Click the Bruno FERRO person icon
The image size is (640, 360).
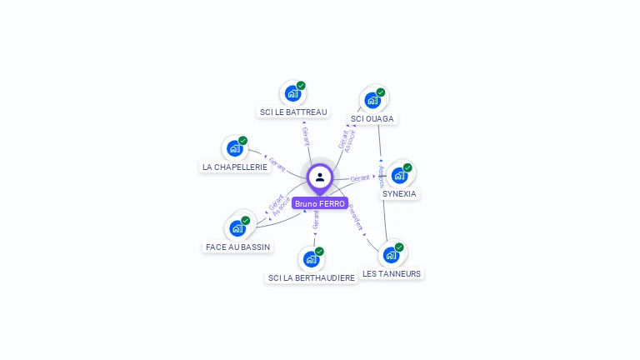click(x=320, y=177)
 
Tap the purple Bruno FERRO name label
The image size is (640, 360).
click(x=320, y=203)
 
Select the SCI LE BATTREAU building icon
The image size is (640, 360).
click(x=292, y=93)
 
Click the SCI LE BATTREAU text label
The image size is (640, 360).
click(x=293, y=112)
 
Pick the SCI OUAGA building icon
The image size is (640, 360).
click(x=372, y=100)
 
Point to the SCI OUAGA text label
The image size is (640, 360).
click(x=372, y=118)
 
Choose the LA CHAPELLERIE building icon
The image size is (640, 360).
click(x=235, y=148)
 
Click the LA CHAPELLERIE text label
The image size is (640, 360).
click(x=235, y=167)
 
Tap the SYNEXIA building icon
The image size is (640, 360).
click(x=399, y=175)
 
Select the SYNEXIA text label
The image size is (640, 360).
click(x=399, y=193)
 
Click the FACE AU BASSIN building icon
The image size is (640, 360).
click(x=237, y=227)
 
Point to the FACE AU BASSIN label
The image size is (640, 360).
click(x=238, y=247)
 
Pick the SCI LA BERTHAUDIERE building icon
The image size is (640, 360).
click(x=312, y=258)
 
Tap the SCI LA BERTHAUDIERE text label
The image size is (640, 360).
click(x=312, y=277)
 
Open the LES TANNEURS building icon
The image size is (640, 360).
click(x=391, y=254)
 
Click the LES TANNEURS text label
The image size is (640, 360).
click(x=392, y=273)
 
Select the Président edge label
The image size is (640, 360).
click(x=356, y=217)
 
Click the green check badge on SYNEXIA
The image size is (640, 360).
click(x=407, y=167)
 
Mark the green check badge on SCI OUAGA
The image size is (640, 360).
click(x=381, y=92)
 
